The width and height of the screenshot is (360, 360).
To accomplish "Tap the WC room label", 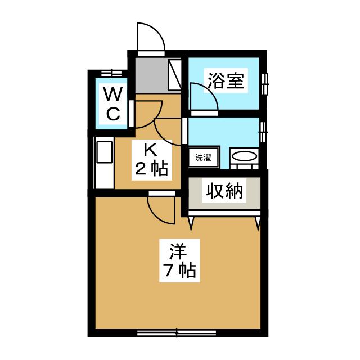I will pyautogui.click(x=113, y=103).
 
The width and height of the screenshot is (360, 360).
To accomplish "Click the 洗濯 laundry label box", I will pyautogui.click(x=203, y=157).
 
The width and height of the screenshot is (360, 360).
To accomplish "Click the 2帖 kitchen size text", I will pyautogui.click(x=150, y=168).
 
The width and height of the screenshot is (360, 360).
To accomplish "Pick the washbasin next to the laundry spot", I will pyautogui.click(x=244, y=157).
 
